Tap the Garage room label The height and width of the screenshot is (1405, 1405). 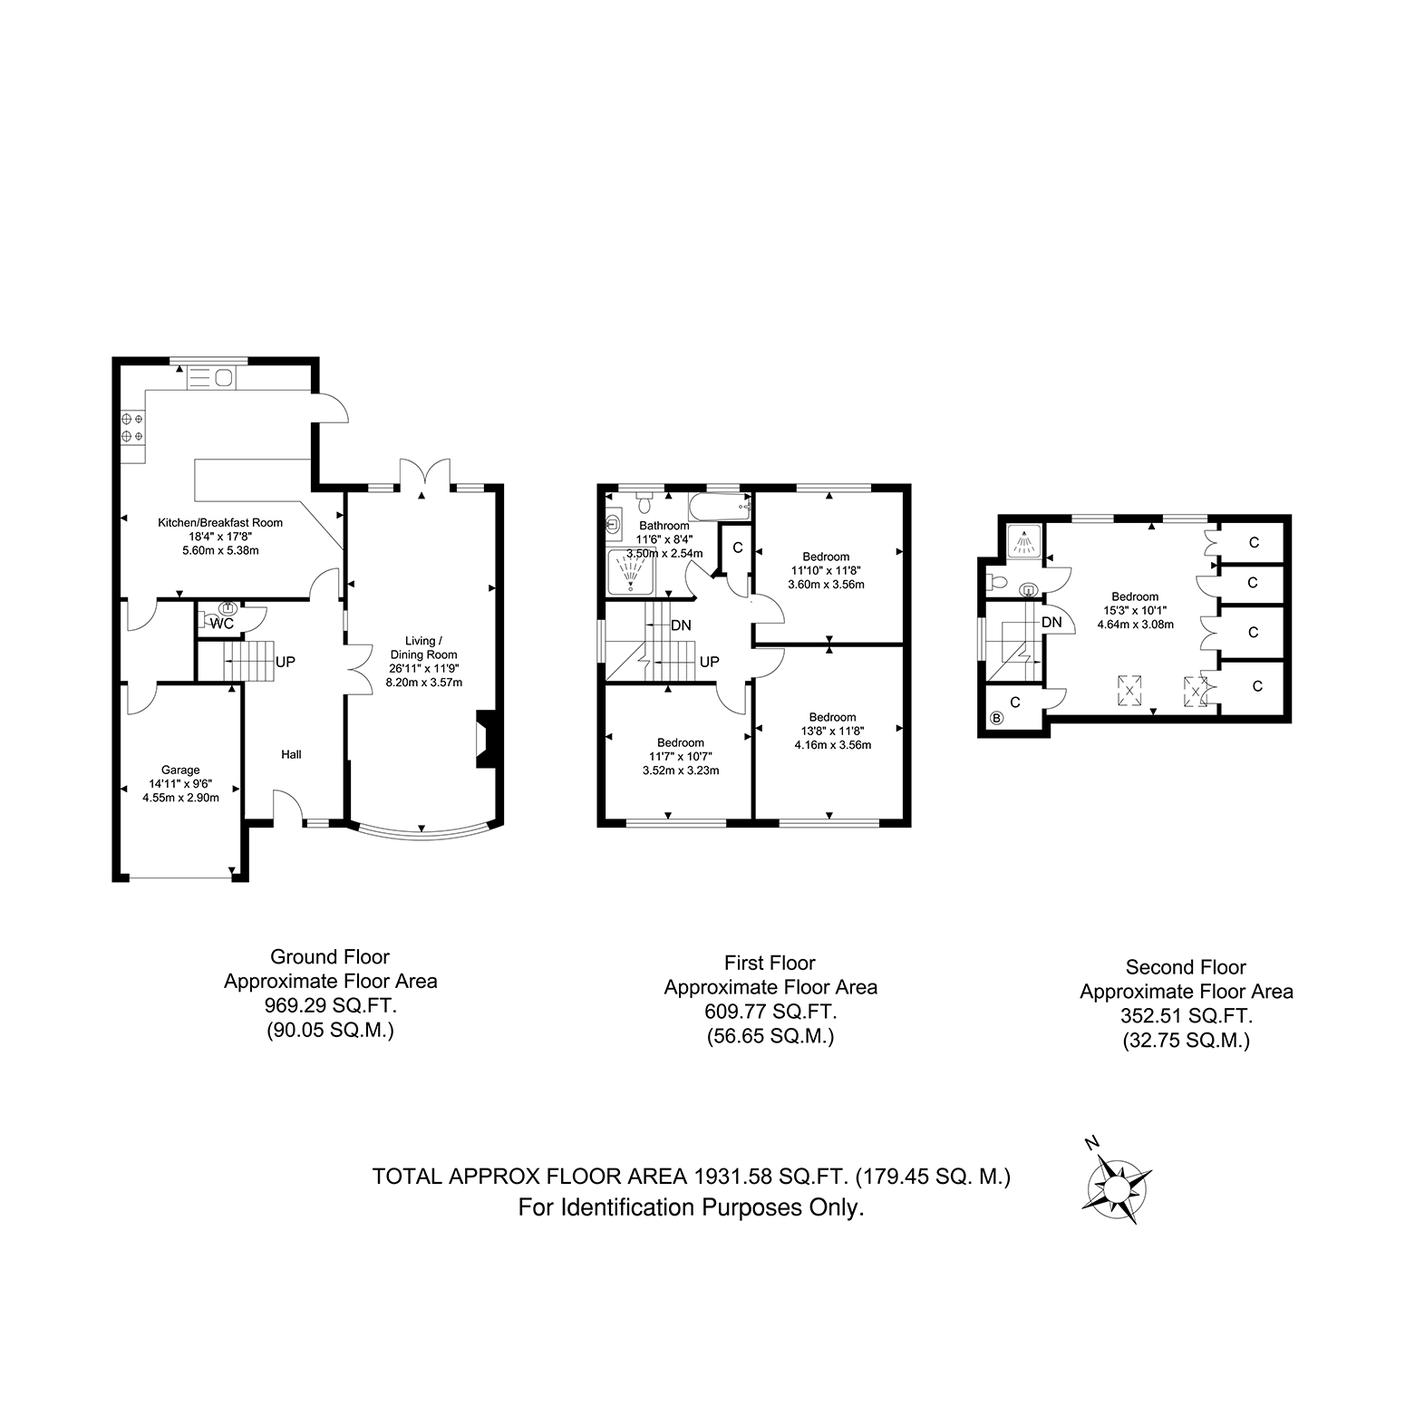click(x=180, y=770)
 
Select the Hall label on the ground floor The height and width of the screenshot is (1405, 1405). click(x=291, y=754)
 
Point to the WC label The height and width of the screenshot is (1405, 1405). click(x=222, y=624)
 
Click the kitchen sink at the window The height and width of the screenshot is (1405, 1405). click(x=211, y=377)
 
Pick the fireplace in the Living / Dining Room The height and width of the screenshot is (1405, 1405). click(x=485, y=740)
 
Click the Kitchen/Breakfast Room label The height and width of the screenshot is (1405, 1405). click(x=220, y=522)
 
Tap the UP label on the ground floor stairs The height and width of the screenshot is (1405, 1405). click(x=286, y=663)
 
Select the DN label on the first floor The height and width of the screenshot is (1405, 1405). click(x=682, y=625)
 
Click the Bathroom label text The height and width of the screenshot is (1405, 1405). click(x=664, y=526)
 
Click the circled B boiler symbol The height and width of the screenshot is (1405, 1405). click(x=997, y=719)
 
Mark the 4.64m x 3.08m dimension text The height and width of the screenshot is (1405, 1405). click(x=1135, y=624)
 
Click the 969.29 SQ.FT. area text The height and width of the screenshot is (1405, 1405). click(x=330, y=1005)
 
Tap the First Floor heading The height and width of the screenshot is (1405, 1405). click(x=770, y=963)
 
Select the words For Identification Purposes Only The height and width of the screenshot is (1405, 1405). click(x=691, y=1207)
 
